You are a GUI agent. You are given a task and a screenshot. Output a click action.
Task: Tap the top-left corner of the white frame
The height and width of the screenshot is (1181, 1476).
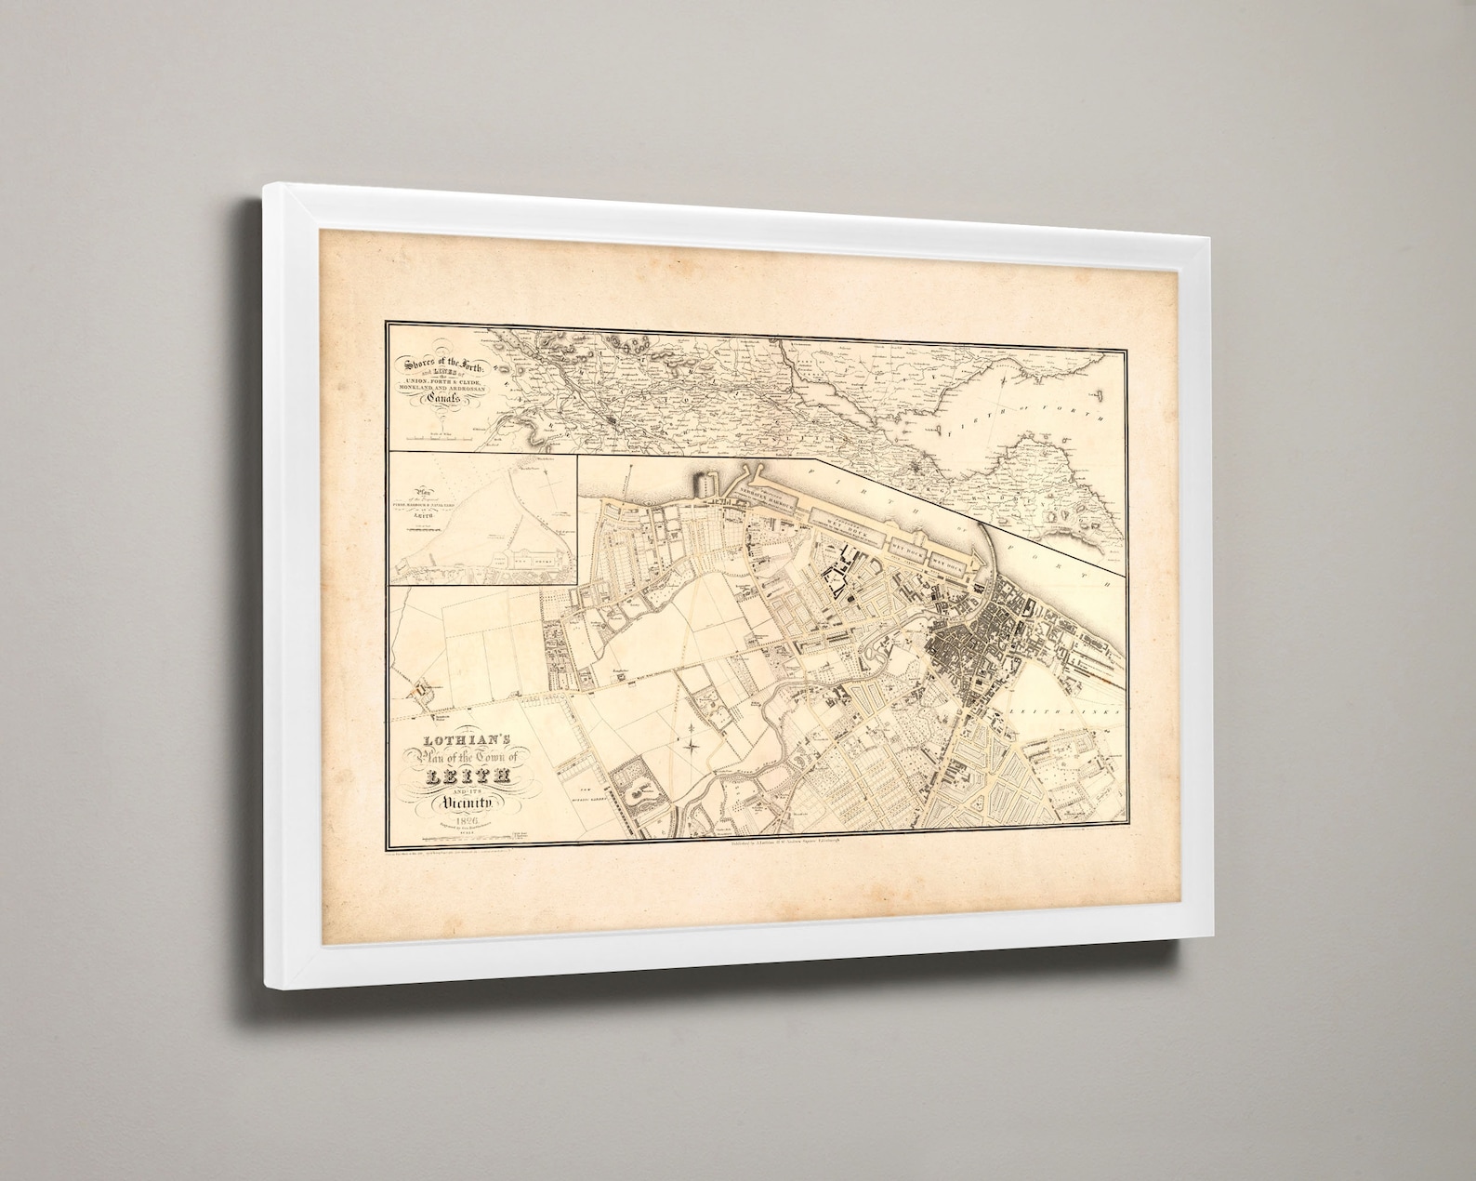(267, 188)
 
